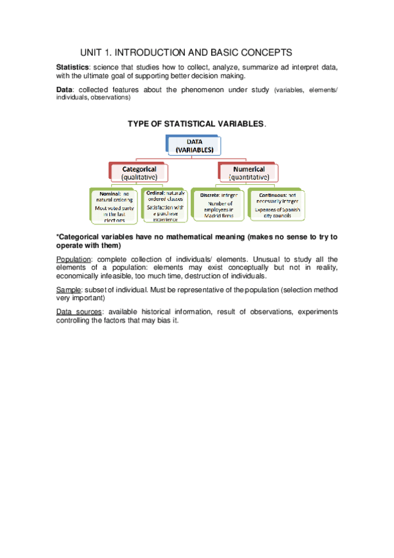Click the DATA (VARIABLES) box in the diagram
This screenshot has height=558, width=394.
pos(194,146)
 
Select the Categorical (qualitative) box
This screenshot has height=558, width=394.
pos(139,173)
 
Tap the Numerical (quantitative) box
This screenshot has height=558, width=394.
pos(249,173)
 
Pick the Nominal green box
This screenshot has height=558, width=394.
pos(113,207)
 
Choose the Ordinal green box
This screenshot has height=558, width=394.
pos(165,207)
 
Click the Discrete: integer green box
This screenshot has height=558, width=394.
pos(218,207)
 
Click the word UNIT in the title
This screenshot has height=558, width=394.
pos(91,52)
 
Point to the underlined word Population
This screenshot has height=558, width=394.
pos(74,259)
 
